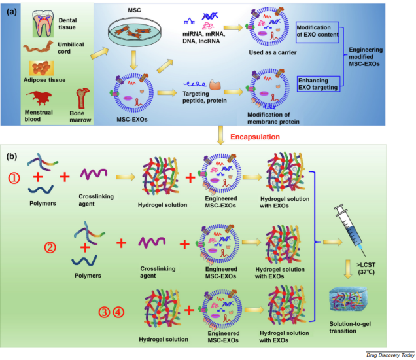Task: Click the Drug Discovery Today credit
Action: pos(389,354)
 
